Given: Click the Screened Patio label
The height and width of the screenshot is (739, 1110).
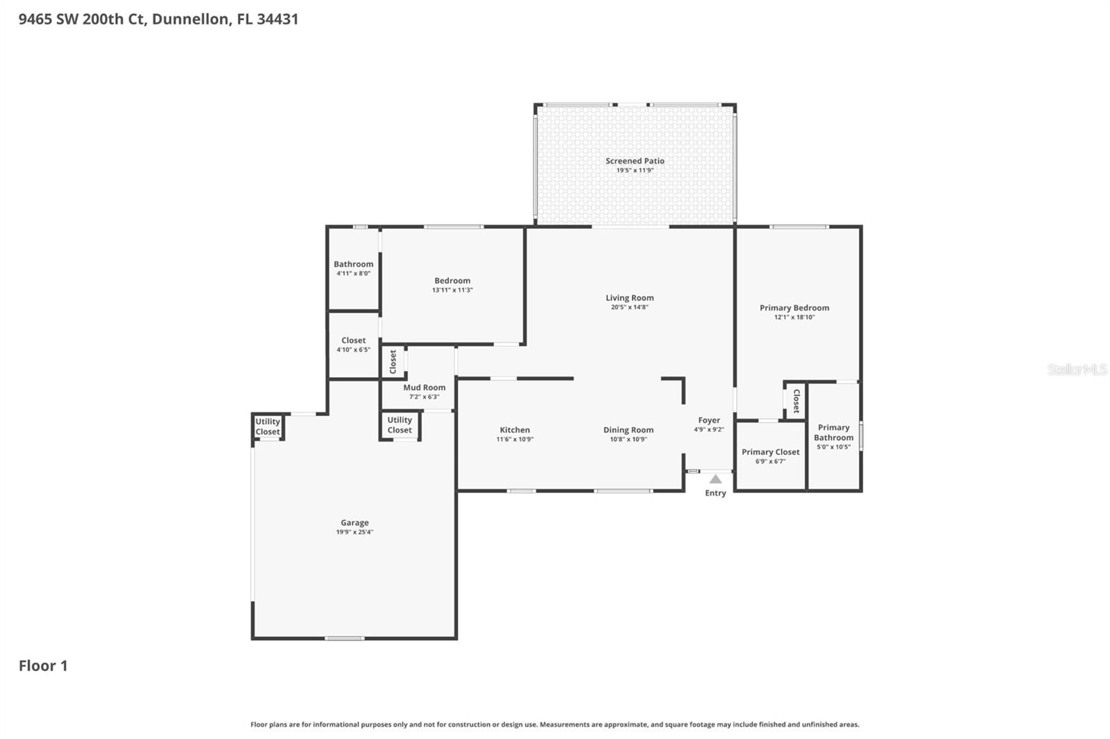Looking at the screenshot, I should click(x=635, y=161).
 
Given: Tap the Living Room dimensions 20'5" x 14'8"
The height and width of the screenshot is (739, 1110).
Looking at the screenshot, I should click(x=629, y=307).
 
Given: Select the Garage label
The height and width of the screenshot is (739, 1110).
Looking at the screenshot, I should click(x=355, y=523).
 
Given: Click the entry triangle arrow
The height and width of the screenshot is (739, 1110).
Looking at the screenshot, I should click(x=715, y=479).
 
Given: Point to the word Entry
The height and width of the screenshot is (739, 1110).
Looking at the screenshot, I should click(x=715, y=493).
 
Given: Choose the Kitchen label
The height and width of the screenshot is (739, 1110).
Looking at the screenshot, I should click(x=515, y=430).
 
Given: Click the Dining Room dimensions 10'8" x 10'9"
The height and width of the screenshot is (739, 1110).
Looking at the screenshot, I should click(x=628, y=440).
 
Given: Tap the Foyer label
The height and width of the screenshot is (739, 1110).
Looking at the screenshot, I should click(x=709, y=420).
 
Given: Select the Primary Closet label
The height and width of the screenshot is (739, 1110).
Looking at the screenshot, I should click(x=770, y=452).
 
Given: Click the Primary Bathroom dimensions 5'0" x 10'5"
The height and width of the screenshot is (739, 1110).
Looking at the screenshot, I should click(x=833, y=447).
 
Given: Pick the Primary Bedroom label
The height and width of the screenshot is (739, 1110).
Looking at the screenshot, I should click(x=794, y=308).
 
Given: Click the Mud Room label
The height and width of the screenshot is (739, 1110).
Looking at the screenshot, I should click(x=425, y=388).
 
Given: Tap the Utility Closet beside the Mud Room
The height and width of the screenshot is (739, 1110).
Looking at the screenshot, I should click(x=400, y=425).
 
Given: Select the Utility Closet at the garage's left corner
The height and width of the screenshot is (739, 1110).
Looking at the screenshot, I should click(x=268, y=426).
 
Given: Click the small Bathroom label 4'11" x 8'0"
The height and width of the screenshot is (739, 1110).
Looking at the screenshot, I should click(x=353, y=264).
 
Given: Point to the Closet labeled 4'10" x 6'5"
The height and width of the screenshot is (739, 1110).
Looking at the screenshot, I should click(x=353, y=340).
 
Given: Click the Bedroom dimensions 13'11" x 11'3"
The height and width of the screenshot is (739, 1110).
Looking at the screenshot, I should click(x=452, y=290).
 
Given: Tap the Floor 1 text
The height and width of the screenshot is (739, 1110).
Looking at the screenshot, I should click(x=43, y=666).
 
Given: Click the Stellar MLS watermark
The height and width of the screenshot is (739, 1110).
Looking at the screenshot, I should click(x=1077, y=369).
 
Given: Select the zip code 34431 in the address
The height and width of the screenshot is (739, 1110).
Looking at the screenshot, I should click(x=277, y=19).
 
